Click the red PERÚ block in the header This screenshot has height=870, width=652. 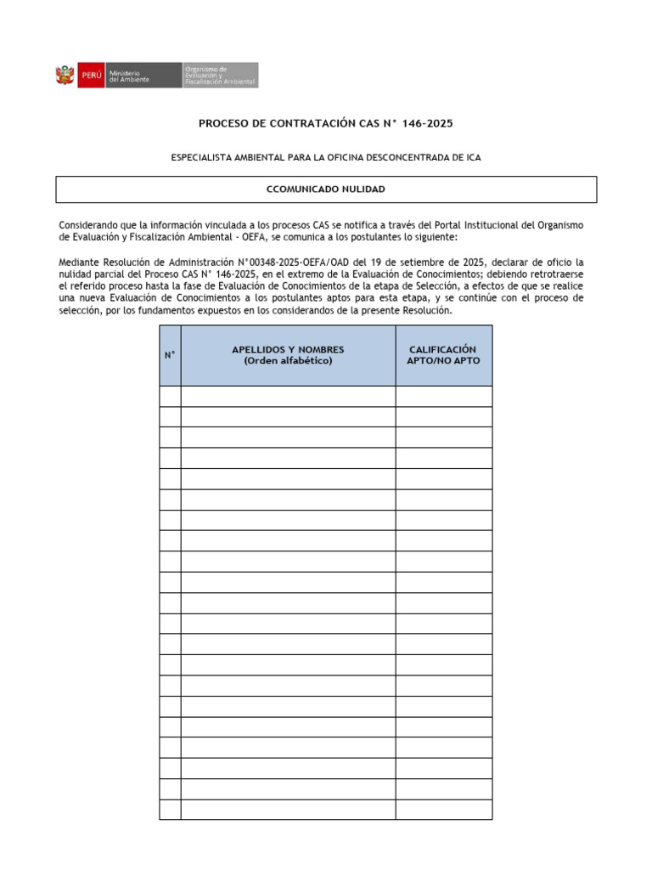(91, 76)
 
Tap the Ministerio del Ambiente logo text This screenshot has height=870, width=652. (130, 76)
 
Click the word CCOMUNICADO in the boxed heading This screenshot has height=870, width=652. (296, 189)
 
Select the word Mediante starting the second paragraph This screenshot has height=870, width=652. (79, 263)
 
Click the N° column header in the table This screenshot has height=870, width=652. (170, 355)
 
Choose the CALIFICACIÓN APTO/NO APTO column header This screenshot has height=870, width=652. (443, 355)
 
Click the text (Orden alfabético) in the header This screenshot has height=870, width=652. (288, 361)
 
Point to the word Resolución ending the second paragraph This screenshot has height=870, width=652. (423, 311)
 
